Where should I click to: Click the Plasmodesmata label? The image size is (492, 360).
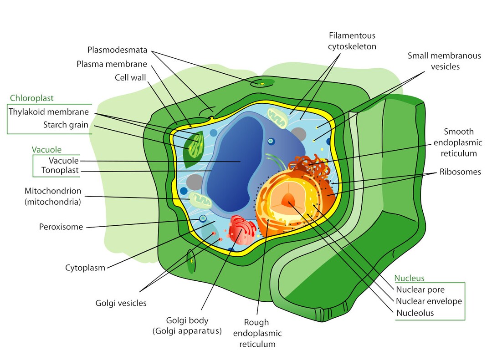[x=117, y=50]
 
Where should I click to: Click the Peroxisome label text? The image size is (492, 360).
[x=61, y=227]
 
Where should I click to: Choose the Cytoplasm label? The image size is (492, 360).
[x=85, y=268]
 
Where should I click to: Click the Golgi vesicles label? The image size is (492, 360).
[x=121, y=303]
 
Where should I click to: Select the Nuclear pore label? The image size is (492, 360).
[x=420, y=289]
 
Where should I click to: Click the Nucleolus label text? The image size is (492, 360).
[x=415, y=313]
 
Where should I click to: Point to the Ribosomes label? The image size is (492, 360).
[x=460, y=172]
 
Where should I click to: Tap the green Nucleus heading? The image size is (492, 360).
[x=409, y=278]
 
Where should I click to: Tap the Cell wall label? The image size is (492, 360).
[x=130, y=77]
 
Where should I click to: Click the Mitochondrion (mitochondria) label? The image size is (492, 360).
[x=52, y=196]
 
